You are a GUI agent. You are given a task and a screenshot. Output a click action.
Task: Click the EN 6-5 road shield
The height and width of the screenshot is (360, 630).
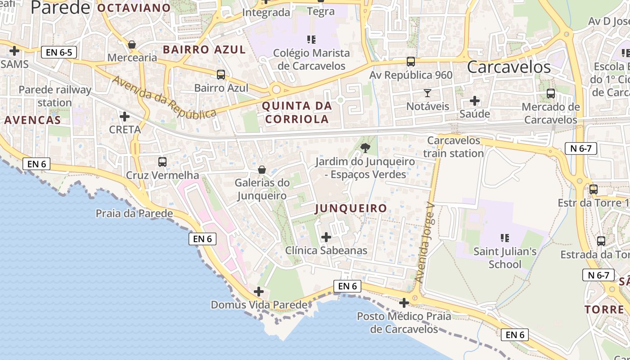pos(59,52)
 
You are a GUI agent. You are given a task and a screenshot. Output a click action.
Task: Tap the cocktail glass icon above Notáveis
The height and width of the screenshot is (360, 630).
pos(427,93)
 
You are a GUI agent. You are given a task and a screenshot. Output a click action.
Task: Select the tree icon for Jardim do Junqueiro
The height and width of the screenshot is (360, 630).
pos(365,148)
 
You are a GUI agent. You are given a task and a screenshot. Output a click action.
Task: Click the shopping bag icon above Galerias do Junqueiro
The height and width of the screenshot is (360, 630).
pos(261,170)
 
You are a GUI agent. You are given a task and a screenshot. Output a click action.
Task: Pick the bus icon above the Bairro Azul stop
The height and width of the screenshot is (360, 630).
pos(221,75)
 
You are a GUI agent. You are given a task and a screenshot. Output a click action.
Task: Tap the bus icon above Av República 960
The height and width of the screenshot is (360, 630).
pos(411,62)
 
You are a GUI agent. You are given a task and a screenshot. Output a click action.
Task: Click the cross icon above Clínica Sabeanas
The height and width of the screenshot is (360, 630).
pos(326,237)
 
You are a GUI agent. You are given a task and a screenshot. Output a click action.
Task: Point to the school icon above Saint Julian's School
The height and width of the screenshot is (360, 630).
pos(504,238)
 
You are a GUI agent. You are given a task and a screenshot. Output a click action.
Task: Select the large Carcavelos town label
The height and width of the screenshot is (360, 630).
pos(508,67)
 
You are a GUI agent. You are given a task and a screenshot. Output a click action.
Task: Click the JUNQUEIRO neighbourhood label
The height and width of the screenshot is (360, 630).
pos(351,208)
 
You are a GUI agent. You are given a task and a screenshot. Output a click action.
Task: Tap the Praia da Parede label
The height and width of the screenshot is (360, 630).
pos(134,213)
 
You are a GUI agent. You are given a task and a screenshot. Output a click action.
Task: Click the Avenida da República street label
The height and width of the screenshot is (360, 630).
pos(164,97)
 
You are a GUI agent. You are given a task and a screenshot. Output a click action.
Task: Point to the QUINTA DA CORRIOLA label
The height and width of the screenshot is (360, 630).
pos(297,112)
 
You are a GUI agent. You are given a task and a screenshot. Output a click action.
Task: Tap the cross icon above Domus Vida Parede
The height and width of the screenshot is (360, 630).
pos(259,292)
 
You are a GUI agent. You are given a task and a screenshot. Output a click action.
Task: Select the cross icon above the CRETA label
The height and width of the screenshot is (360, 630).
pos(125,117)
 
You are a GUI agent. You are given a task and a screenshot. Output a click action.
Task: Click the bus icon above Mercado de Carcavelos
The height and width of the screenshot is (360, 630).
pos(550,94)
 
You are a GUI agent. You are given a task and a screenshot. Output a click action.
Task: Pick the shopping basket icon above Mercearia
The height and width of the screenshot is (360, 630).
pos(132,44)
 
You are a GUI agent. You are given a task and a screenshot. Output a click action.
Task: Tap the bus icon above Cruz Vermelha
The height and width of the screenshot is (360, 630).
pos(162,162)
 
